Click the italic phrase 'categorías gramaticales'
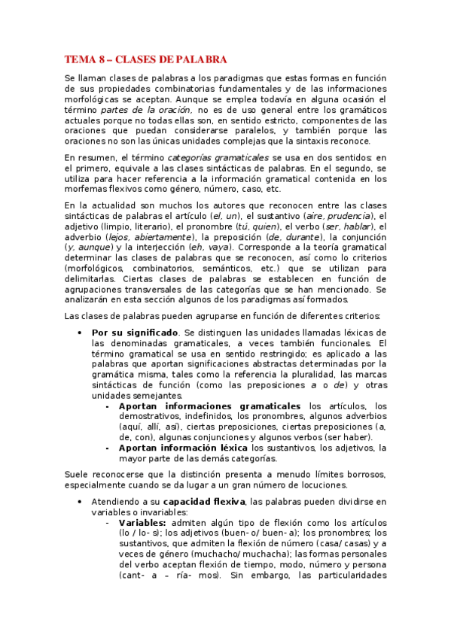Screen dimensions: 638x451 click(218, 157)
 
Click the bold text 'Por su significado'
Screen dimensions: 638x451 click(135, 333)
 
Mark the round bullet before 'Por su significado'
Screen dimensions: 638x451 click(80, 333)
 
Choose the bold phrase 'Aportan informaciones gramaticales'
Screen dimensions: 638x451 click(210, 406)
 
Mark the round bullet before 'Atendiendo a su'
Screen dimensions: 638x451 click(80, 501)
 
